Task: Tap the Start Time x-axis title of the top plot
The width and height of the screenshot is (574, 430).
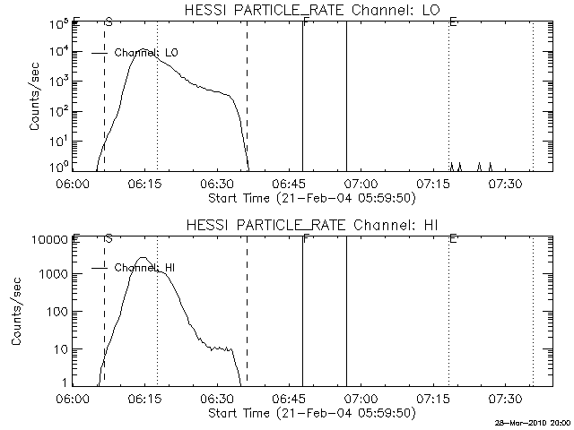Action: click(310, 197)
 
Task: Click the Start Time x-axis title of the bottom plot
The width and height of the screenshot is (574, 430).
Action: click(310, 413)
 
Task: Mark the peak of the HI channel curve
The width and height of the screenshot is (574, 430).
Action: click(142, 258)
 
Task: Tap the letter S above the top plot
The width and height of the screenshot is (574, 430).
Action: click(109, 20)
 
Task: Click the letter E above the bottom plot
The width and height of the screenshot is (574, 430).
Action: click(453, 238)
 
